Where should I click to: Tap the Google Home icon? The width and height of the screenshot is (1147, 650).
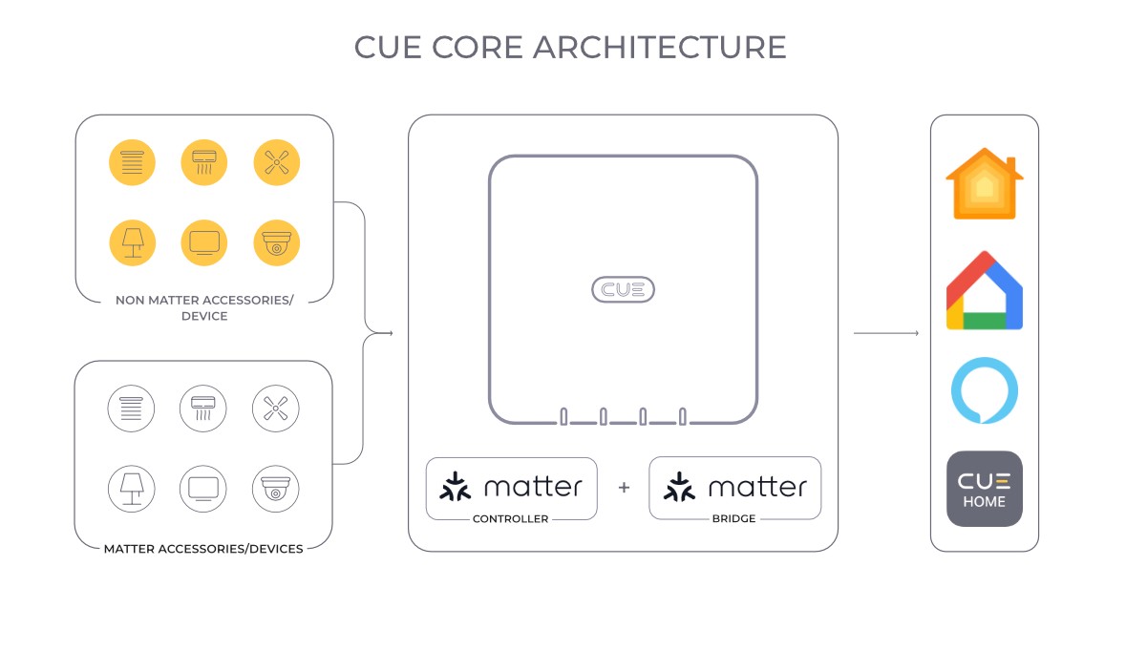(x=984, y=290)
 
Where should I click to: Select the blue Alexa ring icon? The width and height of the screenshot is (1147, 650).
(x=984, y=391)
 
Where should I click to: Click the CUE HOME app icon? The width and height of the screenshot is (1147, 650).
(x=984, y=489)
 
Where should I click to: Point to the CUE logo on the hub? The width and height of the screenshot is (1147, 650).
(x=623, y=289)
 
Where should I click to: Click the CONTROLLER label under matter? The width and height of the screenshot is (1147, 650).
(x=511, y=519)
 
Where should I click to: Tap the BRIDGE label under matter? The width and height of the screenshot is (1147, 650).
(x=734, y=519)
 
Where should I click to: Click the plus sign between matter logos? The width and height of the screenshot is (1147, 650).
(x=624, y=488)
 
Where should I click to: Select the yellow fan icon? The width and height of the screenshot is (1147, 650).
(x=277, y=162)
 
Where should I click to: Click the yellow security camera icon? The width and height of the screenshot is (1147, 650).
(x=277, y=242)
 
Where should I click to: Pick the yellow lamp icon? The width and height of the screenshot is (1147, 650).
(x=132, y=242)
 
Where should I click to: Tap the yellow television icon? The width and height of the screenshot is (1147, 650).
(x=204, y=242)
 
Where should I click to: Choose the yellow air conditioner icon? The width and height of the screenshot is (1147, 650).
(x=204, y=162)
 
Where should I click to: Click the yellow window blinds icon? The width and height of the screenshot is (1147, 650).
(x=132, y=162)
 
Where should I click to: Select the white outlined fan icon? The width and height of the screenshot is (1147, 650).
(x=276, y=409)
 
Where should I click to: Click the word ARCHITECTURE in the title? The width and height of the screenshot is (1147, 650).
(x=660, y=47)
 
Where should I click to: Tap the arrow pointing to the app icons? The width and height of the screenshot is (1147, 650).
(x=885, y=333)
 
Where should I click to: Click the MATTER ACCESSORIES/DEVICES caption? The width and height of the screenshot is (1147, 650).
(x=203, y=549)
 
